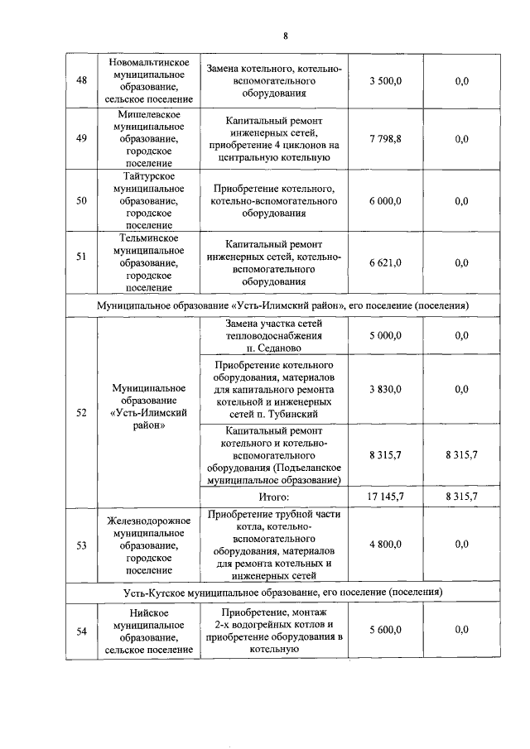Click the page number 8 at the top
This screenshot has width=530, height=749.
(285, 36)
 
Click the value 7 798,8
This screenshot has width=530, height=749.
(385, 139)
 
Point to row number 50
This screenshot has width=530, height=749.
(81, 201)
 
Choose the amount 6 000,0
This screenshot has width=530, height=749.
(385, 201)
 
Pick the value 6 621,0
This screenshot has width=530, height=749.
(385, 262)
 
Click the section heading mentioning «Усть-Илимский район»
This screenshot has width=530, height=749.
(282, 305)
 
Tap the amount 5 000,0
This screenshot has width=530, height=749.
(385, 335)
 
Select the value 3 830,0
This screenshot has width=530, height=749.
(385, 388)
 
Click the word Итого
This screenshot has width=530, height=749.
(272, 497)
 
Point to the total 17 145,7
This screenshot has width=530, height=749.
(385, 497)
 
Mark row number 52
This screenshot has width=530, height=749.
(81, 412)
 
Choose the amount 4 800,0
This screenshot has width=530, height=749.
(385, 544)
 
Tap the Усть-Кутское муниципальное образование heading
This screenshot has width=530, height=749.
(282, 593)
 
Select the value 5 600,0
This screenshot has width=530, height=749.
(385, 630)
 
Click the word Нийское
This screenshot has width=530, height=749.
(151, 612)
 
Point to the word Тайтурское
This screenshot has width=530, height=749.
(151, 176)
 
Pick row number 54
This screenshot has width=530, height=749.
(81, 631)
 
